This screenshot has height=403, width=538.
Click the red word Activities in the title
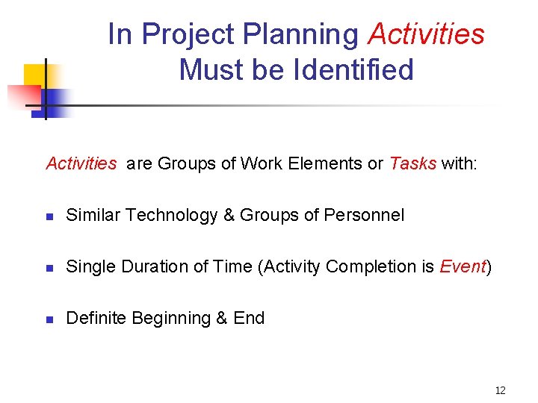(x=427, y=34)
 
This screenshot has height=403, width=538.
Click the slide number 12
(x=500, y=390)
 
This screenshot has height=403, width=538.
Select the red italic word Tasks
(x=412, y=163)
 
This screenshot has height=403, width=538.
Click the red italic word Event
(x=463, y=266)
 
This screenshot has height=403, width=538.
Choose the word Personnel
(x=364, y=216)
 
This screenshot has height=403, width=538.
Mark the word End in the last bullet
(x=249, y=318)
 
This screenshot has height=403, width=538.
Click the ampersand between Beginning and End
(x=221, y=318)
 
